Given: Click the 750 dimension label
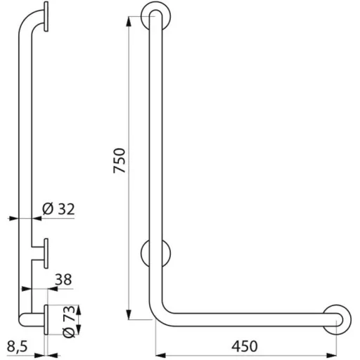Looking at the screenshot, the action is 120,161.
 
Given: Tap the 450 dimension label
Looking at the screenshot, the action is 245,346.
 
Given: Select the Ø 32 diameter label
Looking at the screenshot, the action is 58,209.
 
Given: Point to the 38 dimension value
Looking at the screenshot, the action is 63,279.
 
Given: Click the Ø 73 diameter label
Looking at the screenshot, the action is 70,321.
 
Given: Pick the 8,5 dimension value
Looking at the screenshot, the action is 17,347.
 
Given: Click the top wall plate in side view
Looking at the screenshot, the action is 46,16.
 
